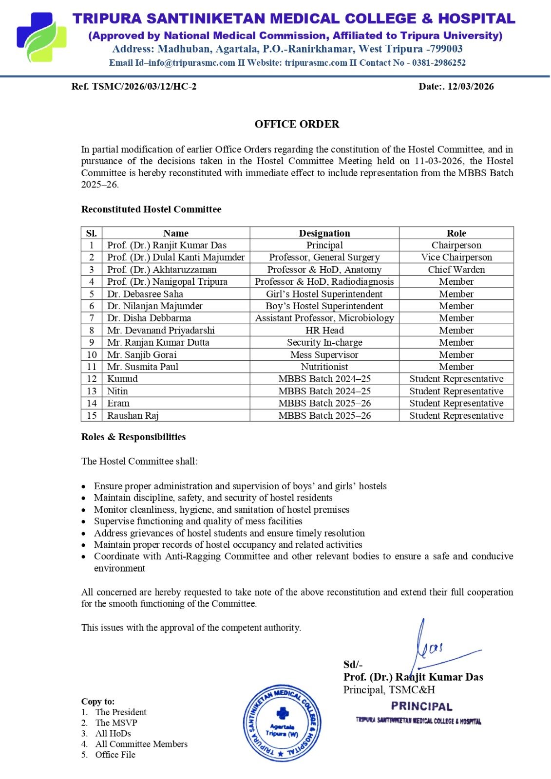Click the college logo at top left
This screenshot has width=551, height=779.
(41, 37)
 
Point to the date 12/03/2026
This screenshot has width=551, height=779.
(471, 87)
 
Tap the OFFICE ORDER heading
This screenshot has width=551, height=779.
(297, 124)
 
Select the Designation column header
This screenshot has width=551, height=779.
(324, 233)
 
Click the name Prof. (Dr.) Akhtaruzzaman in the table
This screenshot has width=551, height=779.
(162, 270)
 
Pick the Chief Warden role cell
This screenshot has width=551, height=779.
(456, 270)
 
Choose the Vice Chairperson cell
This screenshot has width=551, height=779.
(456, 258)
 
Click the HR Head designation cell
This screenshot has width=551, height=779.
(324, 331)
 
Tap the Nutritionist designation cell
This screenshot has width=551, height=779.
(324, 367)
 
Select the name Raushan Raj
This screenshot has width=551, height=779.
(133, 416)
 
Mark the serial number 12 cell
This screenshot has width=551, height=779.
(92, 379)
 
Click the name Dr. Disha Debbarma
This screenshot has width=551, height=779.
(149, 318)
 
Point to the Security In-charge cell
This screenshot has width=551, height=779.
(324, 343)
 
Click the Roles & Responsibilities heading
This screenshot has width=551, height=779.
(133, 437)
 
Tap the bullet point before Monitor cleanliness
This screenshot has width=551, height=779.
(84, 510)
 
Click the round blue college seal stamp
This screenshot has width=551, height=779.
(283, 723)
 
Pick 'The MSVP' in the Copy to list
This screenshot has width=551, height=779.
(116, 723)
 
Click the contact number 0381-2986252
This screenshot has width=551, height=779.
(438, 63)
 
